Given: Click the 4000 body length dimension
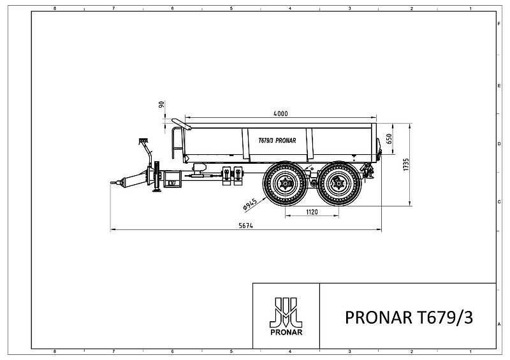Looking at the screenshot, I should point(280,113).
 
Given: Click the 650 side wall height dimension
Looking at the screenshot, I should point(389,139).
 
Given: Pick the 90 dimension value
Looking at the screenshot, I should point(162,104).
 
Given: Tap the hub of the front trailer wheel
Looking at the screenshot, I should point(283,184).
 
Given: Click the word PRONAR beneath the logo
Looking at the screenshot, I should point(286,333).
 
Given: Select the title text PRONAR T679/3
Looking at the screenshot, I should point(408,317).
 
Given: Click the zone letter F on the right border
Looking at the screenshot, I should point(498,22).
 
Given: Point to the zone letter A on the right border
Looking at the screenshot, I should point(498,324).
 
